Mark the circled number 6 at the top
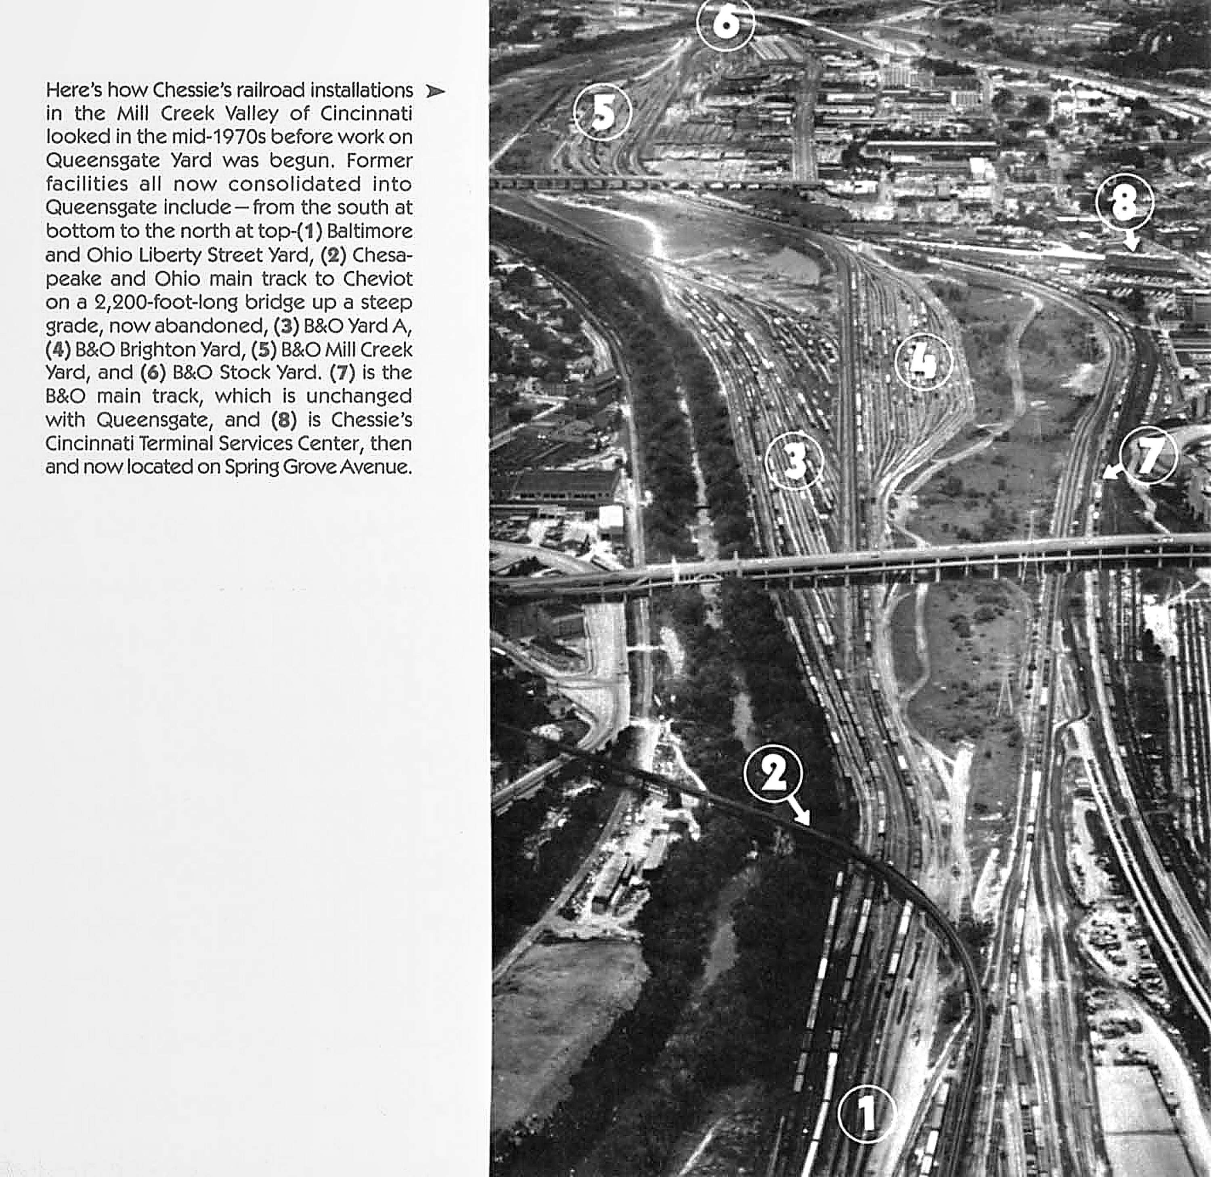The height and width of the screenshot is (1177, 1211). coord(726,22)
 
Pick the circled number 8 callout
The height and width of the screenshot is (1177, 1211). coord(1125,202)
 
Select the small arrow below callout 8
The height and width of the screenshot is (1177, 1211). coord(1131,242)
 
